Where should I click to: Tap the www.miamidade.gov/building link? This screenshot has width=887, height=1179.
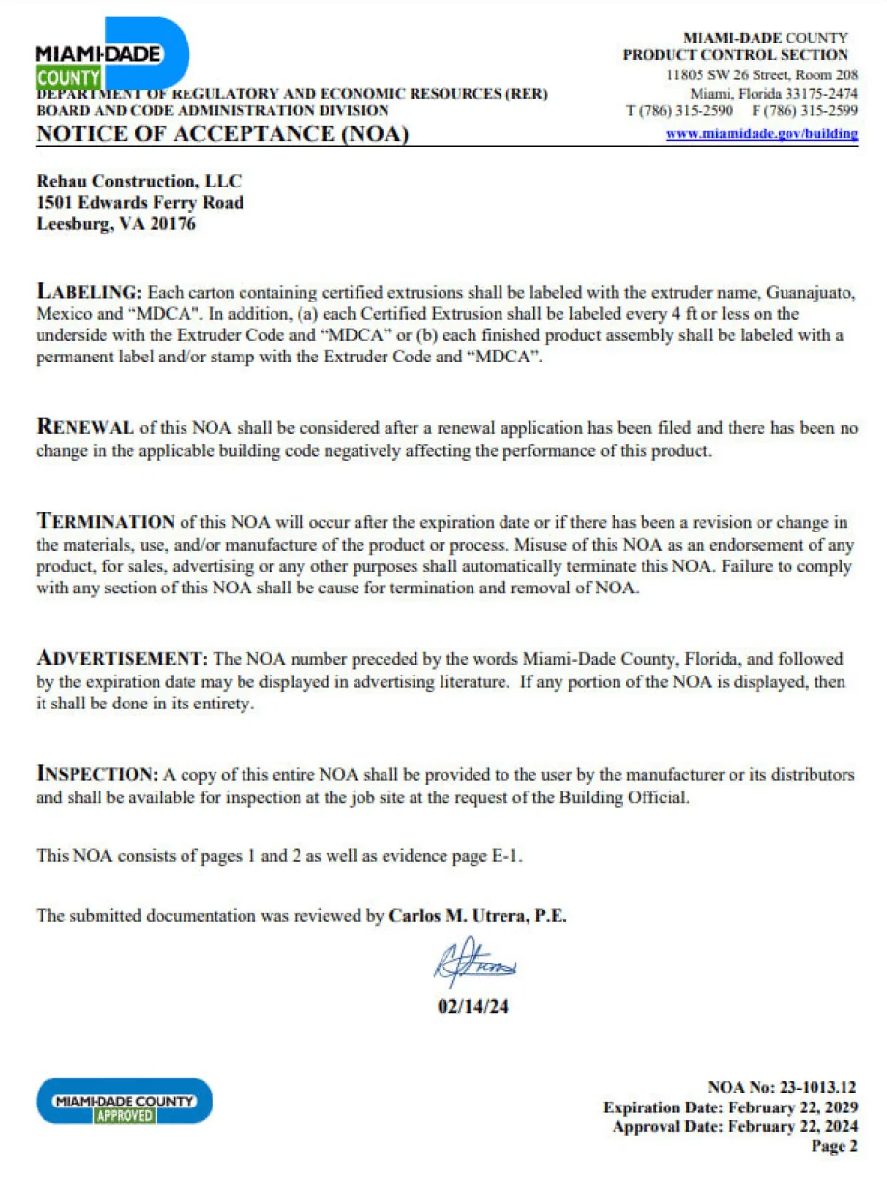click(761, 134)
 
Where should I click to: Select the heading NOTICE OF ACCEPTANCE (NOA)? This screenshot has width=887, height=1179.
click(222, 134)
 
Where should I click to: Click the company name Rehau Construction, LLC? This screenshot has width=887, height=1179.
click(138, 181)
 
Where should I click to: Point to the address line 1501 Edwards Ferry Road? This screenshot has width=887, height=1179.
click(139, 203)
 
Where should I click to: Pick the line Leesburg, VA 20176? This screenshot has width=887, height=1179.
click(116, 224)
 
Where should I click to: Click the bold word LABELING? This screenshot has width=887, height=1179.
click(89, 291)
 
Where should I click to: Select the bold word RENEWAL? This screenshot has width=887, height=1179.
click(85, 427)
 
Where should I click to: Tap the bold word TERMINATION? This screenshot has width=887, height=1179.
click(105, 522)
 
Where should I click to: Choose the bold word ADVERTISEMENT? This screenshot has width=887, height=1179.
click(121, 659)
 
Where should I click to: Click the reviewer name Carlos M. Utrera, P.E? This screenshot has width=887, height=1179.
click(477, 916)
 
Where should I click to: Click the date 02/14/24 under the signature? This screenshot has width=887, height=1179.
click(473, 1006)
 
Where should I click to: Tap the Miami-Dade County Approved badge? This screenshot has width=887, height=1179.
click(124, 1101)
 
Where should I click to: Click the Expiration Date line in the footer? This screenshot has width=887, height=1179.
click(730, 1107)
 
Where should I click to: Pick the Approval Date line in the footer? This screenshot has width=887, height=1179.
click(734, 1127)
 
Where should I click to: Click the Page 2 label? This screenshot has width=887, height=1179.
click(834, 1147)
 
